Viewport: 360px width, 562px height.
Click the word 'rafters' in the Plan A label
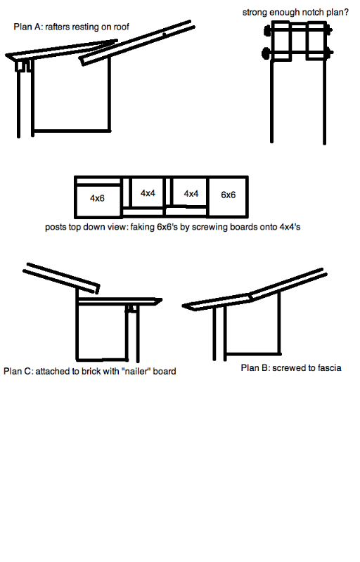pyautogui.click(x=58, y=27)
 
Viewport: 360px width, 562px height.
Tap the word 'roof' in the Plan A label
pyautogui.click(x=121, y=27)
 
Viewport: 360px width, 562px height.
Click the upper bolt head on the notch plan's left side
pyautogui.click(x=267, y=31)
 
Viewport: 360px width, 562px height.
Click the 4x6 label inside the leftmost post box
pyautogui.click(x=97, y=198)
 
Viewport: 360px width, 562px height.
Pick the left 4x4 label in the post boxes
pyautogui.click(x=148, y=193)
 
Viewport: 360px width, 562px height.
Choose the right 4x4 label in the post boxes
pyautogui.click(x=191, y=194)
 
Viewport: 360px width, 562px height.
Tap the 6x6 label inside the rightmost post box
pyautogui.click(x=228, y=195)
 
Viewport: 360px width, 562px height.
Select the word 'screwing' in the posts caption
pyautogui.click(x=208, y=227)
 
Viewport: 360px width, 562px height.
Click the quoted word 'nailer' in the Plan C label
pyautogui.click(x=136, y=372)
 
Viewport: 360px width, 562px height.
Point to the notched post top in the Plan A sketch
pyautogui.click(x=23, y=66)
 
